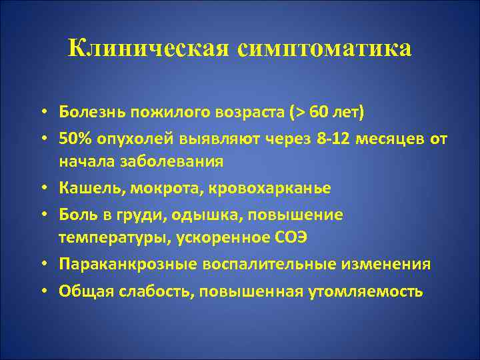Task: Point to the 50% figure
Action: pos(73,137)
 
